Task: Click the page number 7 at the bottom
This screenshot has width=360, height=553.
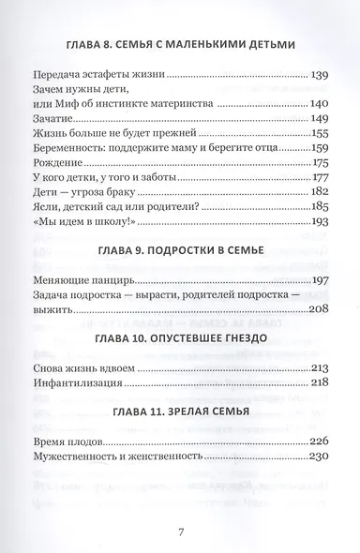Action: tap(180, 533)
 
